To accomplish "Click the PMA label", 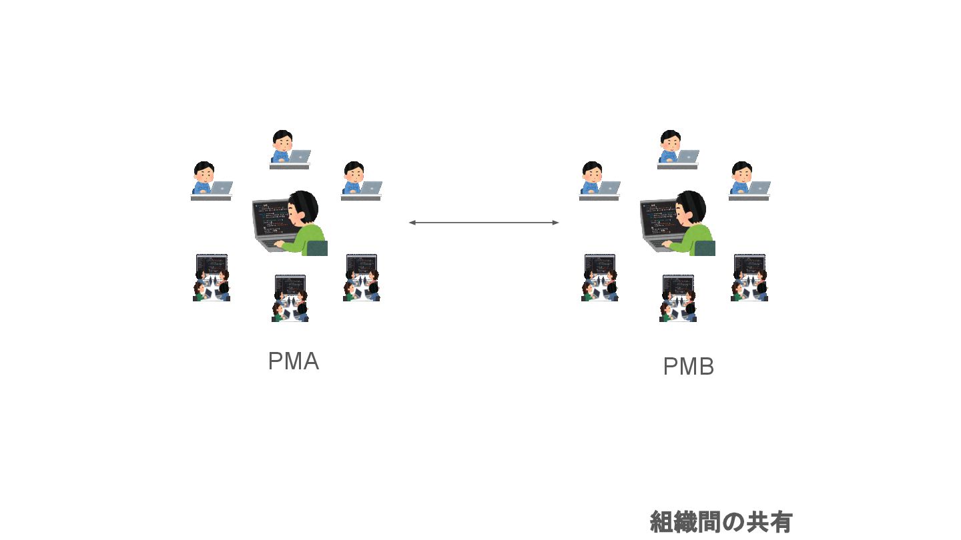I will tap(293, 361).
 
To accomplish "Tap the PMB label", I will tap(688, 367).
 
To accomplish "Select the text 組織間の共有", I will tap(721, 522).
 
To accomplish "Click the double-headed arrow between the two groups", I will tap(484, 223).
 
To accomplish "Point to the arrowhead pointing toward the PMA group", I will tap(412, 223).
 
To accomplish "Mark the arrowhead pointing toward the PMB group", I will tap(555, 223).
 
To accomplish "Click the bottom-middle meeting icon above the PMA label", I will tap(290, 298).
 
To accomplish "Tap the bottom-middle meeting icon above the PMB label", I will tap(678, 298).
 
